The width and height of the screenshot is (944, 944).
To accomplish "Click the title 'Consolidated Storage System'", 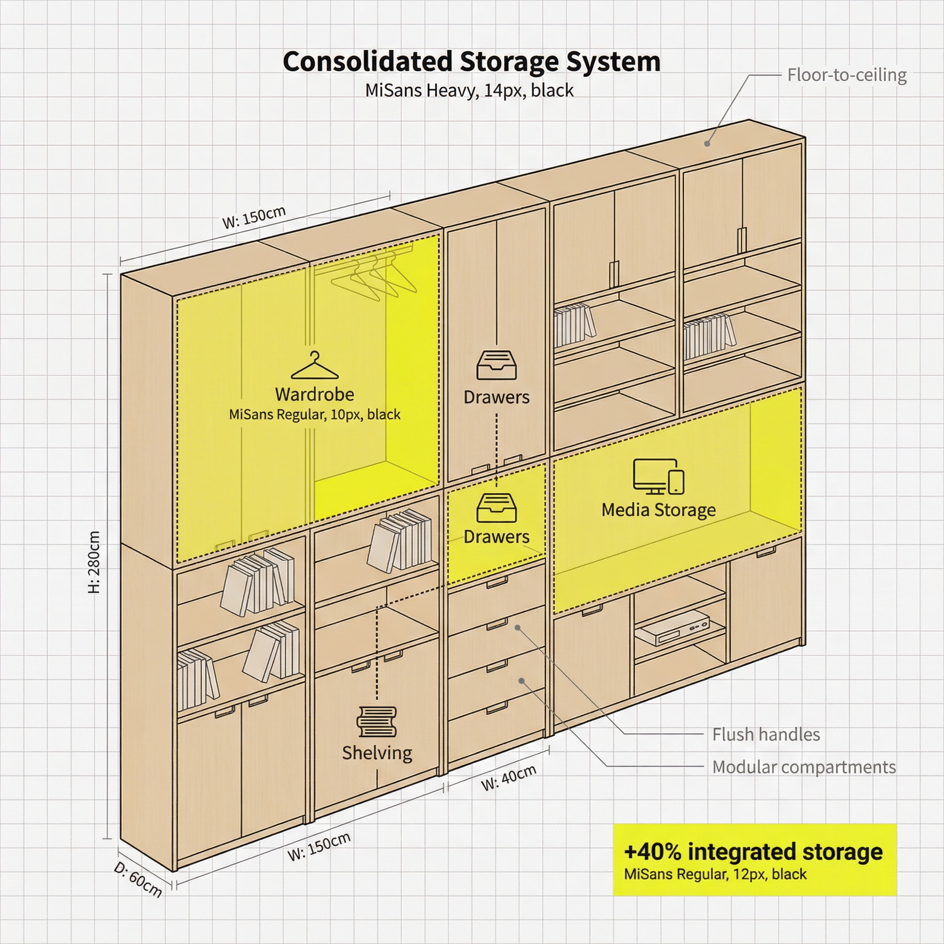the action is pyautogui.click(x=472, y=62).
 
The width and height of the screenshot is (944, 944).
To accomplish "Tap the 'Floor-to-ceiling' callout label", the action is pyautogui.click(x=847, y=75).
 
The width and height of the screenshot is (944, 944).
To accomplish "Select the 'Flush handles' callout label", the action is pyautogui.click(x=766, y=734).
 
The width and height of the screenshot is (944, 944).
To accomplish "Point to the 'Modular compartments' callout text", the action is pyautogui.click(x=804, y=767).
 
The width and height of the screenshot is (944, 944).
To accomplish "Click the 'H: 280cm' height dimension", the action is pyautogui.click(x=94, y=562).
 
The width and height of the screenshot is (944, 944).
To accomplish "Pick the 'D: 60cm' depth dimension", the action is pyautogui.click(x=138, y=879).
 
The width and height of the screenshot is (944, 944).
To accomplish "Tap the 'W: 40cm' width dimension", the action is pyautogui.click(x=509, y=778).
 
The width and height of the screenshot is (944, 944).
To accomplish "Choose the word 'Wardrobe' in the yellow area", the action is pyautogui.click(x=315, y=394).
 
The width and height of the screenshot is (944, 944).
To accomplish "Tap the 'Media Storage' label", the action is pyautogui.click(x=659, y=510).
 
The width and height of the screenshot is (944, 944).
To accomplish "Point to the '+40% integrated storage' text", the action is pyautogui.click(x=754, y=852).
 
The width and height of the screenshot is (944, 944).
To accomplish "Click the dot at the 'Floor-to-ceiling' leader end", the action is pyautogui.click(x=707, y=143).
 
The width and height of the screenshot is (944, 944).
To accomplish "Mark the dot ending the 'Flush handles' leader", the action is pyautogui.click(x=518, y=627).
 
